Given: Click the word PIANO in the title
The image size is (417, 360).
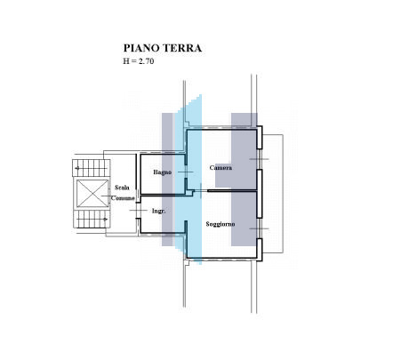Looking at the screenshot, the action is click(140, 48).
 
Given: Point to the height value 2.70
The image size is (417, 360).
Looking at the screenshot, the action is click(146, 61).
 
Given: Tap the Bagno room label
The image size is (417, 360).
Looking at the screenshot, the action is click(162, 172).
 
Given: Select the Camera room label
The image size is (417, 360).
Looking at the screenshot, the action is click(221, 168).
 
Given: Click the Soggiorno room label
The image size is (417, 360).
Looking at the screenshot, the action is click(221, 224).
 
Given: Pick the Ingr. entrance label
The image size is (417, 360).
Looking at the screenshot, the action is click(158, 211).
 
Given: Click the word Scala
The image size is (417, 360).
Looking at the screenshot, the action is click(122, 188).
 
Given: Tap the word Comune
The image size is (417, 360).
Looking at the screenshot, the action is click(123, 198).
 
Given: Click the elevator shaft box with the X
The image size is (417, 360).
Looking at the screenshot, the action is click(92, 194).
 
